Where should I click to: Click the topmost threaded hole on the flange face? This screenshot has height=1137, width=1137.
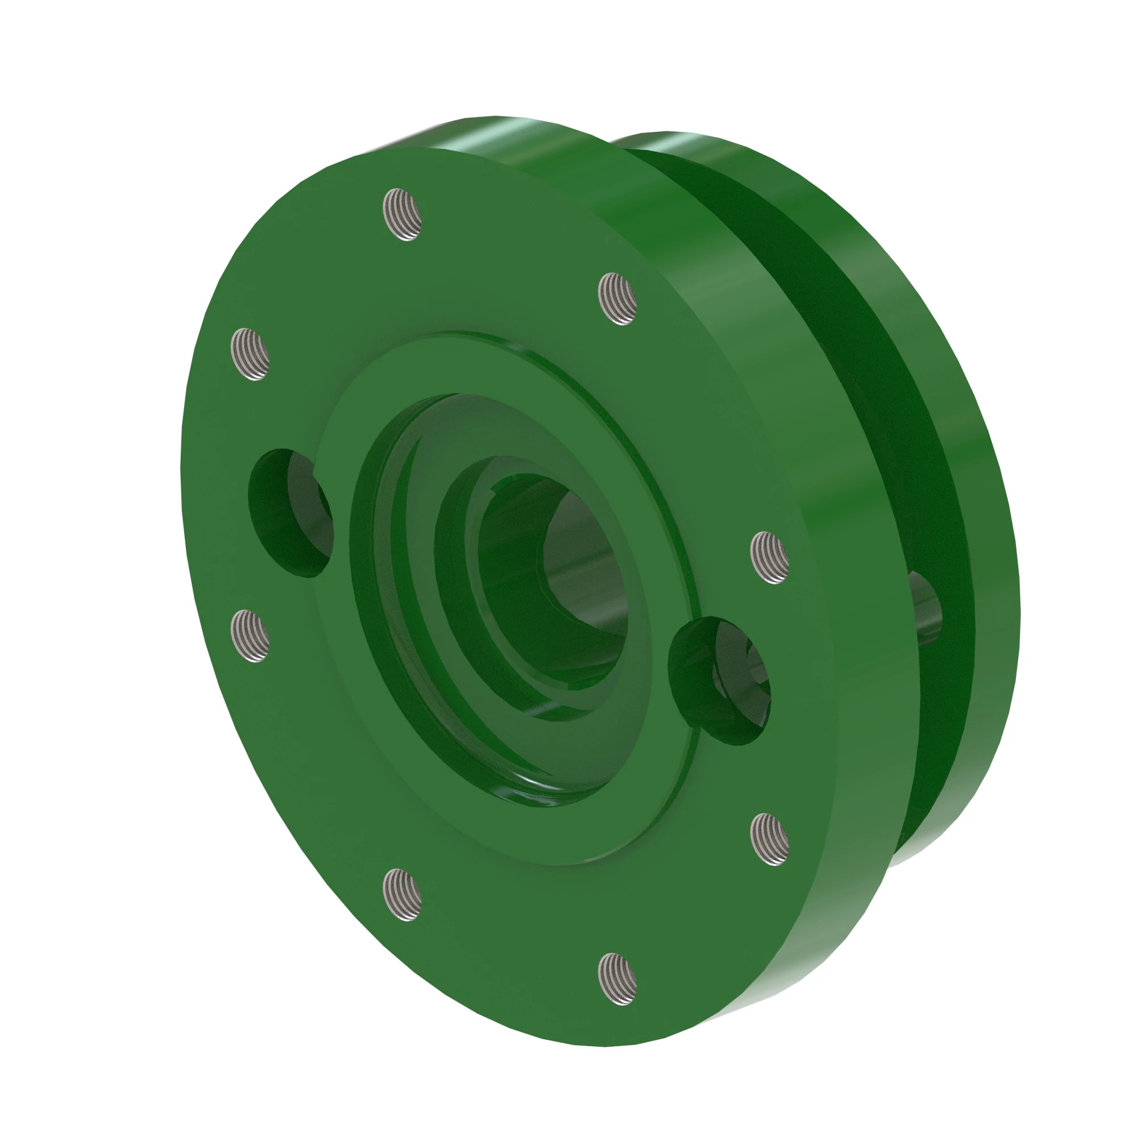click(x=402, y=214)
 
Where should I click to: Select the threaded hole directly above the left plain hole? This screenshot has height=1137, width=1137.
click(x=250, y=354)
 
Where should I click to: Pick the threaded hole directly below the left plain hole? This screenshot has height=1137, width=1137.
click(x=250, y=636)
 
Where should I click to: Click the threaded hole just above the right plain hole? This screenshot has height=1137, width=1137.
click(x=770, y=557)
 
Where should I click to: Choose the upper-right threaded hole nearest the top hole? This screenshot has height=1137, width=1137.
click(x=617, y=299)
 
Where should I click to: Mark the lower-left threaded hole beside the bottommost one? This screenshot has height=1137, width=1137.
click(x=402, y=894)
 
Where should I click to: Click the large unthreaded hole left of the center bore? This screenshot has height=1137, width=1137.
click(x=289, y=512)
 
